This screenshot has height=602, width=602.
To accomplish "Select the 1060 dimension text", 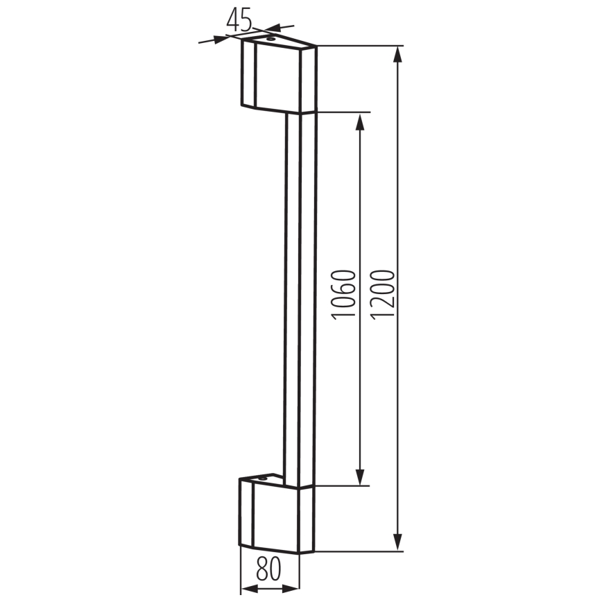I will click(344, 295).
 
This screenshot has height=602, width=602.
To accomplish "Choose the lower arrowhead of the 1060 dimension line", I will click(360, 478).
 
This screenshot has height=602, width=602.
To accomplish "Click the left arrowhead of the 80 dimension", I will click(246, 590).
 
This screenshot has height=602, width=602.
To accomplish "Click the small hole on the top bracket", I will click(270, 40).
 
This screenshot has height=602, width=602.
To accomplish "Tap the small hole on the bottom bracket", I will click(264, 478).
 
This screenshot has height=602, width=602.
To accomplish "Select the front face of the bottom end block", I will click(277, 519).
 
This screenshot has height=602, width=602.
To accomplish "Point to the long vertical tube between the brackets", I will click(300, 298).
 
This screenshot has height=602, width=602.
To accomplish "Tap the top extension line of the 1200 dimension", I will click(361, 46).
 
